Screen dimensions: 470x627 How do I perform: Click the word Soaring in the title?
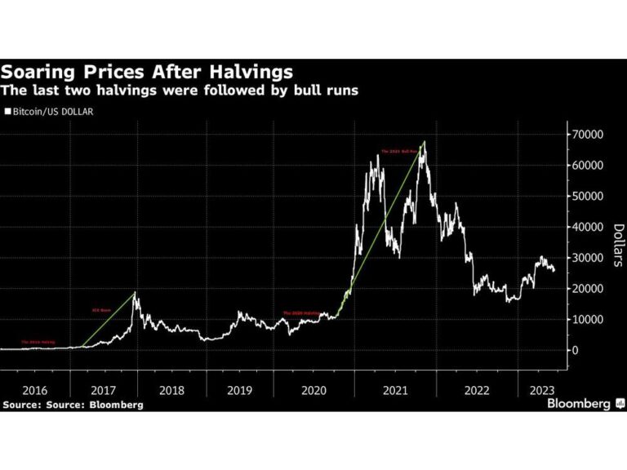click(x=41, y=73)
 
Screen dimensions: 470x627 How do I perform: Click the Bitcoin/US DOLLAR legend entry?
click(x=51, y=111)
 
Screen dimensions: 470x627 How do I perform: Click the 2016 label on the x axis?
click(x=34, y=390)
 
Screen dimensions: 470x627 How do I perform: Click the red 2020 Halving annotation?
click(x=298, y=313)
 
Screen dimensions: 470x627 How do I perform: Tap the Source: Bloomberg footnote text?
click(x=73, y=405)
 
